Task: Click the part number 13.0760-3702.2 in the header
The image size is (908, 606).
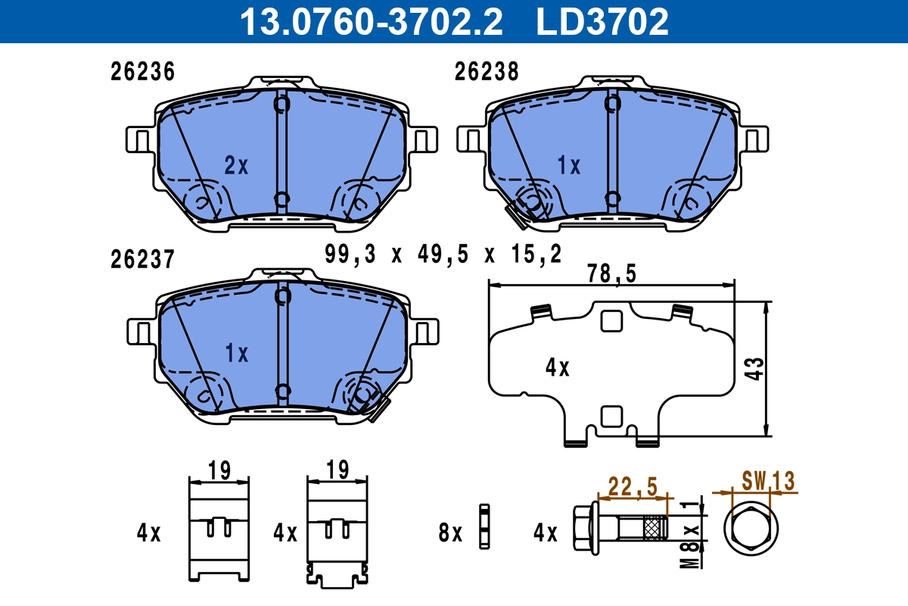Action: point(371,21)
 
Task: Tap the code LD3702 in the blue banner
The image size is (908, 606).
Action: point(602,21)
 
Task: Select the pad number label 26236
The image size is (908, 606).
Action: point(143,72)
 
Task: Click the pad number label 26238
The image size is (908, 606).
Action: point(487,72)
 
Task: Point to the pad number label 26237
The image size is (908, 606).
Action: point(143,260)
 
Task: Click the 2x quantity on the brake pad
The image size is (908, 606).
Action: point(236,165)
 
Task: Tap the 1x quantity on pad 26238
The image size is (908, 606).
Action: point(568,165)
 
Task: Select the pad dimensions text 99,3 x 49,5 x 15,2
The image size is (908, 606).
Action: point(443,255)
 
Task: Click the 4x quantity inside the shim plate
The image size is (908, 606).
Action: point(558,369)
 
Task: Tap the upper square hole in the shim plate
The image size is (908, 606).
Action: point(610,321)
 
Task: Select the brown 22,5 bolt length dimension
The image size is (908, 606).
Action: point(633,486)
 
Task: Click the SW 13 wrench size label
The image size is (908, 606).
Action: point(767,480)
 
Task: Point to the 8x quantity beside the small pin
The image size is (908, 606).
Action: point(451,533)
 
